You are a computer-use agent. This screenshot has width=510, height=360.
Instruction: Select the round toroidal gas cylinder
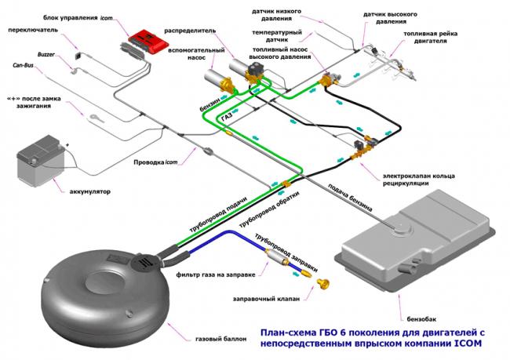tap(98, 290)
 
